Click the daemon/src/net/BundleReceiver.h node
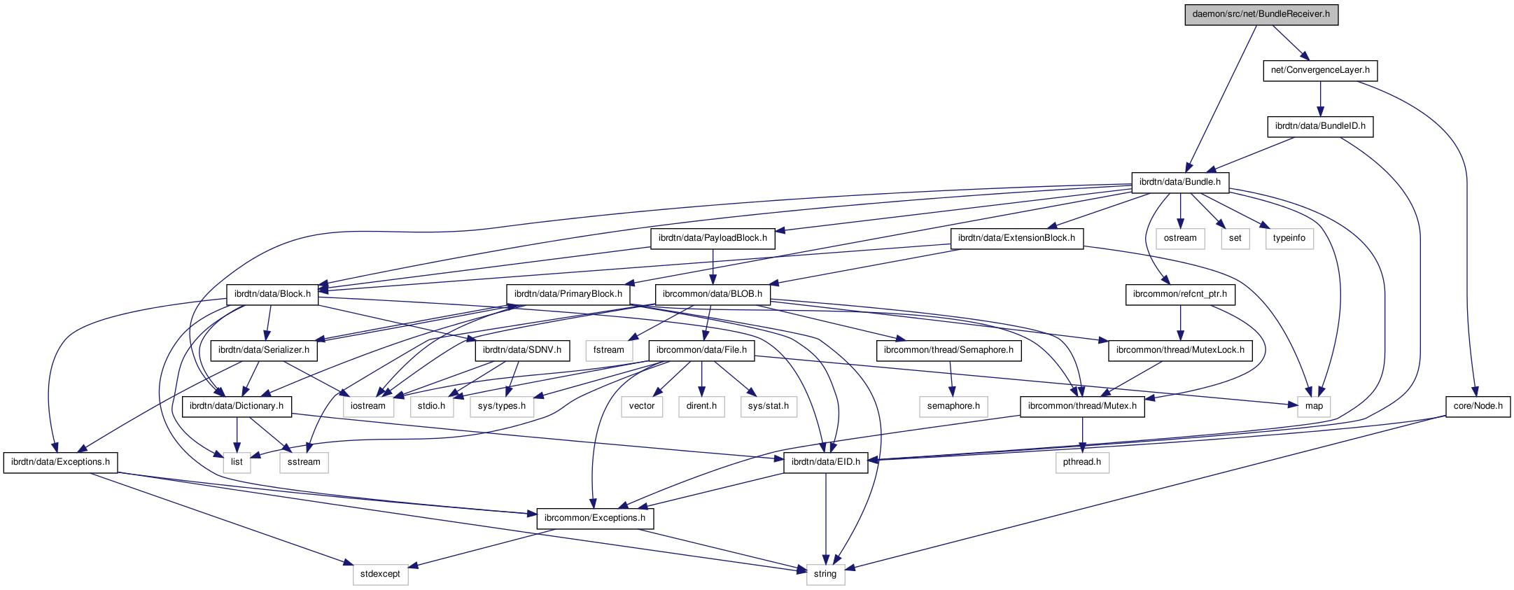pos(1261,14)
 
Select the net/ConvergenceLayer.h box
pos(1320,70)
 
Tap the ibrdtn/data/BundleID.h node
pos(1320,126)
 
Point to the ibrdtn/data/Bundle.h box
pos(1179,182)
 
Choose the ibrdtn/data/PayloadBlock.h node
pos(713,238)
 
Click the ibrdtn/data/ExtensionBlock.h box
pos(1016,238)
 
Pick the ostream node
pos(1180,238)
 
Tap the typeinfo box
pos(1289,238)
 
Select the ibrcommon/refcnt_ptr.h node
pos(1180,294)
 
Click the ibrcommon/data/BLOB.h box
pos(712,294)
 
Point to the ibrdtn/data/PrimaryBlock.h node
pos(568,294)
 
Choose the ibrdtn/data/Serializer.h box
pos(264,350)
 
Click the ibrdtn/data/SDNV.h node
pos(522,350)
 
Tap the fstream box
pos(608,350)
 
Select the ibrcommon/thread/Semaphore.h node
pos(948,350)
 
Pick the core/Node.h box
pos(1478,406)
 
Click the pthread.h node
pos(1082,462)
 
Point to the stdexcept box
pos(380,574)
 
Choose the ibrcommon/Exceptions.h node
pos(595,518)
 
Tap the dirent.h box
pos(701,406)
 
